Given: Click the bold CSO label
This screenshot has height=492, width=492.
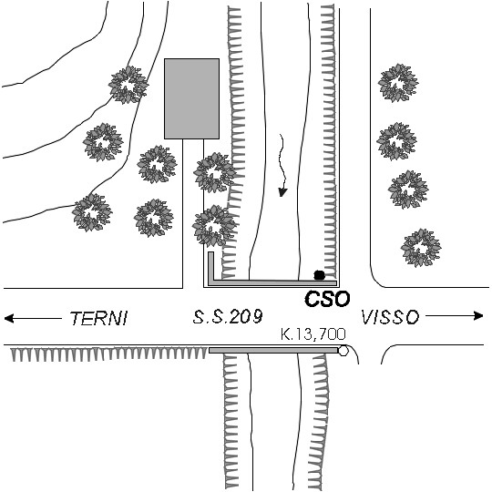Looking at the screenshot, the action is point(327,299).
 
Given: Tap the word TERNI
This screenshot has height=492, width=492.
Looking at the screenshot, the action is point(98,318).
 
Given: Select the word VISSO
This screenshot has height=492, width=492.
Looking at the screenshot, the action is point(390,317).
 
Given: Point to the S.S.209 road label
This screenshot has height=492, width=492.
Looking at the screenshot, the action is point(228,316).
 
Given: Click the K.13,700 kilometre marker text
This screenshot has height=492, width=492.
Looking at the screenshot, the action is point(313,333).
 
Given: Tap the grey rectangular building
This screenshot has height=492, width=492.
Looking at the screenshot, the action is point(191,98).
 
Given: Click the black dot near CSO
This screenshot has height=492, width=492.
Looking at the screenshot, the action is point(319,275).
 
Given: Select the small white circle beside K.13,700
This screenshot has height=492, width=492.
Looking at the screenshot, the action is point(343,351).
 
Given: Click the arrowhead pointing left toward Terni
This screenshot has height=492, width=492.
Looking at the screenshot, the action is point(9,318).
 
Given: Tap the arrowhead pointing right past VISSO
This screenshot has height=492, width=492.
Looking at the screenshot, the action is point(478,315).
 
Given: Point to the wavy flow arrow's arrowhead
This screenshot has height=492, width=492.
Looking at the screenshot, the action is point(282,192).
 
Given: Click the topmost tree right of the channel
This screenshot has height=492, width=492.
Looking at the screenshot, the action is point(398,83).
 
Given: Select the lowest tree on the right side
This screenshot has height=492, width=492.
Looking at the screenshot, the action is point(421,248).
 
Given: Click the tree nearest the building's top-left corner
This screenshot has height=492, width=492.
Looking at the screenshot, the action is point(128,85).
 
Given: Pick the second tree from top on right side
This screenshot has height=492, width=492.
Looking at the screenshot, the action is point(396,141).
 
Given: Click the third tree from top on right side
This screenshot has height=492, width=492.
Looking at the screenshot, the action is point(408,190).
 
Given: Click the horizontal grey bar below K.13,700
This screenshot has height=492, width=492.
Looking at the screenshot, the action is point(273,350).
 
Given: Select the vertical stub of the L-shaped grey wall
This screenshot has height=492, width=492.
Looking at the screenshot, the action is point(210,266).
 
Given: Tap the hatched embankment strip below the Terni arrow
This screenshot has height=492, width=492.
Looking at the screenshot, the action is point(109,354).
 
